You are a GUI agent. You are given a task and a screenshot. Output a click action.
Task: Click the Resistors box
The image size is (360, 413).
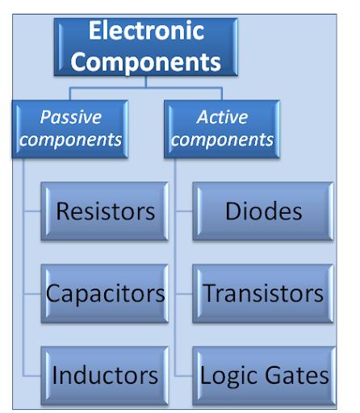(x=105, y=211)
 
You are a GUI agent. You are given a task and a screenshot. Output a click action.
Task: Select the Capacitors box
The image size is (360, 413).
(x=105, y=293)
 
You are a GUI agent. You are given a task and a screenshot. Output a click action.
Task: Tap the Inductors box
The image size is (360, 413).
(x=105, y=374)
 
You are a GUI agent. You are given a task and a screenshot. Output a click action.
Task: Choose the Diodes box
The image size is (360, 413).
(x=264, y=211)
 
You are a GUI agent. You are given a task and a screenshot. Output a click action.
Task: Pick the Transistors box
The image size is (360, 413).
(x=264, y=293)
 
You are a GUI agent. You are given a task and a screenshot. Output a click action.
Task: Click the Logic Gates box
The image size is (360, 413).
(x=264, y=374)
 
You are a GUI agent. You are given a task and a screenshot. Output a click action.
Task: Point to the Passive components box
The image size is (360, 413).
(x=71, y=128)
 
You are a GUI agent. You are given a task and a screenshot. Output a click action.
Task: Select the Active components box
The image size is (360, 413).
(x=223, y=128)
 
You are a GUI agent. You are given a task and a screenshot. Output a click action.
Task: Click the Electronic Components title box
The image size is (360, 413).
(x=147, y=47)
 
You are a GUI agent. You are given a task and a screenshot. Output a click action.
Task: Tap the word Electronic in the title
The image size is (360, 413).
(x=147, y=31)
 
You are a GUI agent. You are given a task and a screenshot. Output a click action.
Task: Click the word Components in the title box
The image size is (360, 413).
(x=147, y=61)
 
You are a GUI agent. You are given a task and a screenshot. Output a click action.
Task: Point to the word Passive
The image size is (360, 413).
(x=71, y=117)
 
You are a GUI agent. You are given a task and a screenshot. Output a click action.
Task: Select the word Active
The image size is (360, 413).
(x=223, y=117)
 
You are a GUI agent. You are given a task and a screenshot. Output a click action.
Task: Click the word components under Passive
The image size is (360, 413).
(x=71, y=140)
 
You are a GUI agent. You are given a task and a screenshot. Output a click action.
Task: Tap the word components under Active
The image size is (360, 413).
(x=223, y=140)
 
